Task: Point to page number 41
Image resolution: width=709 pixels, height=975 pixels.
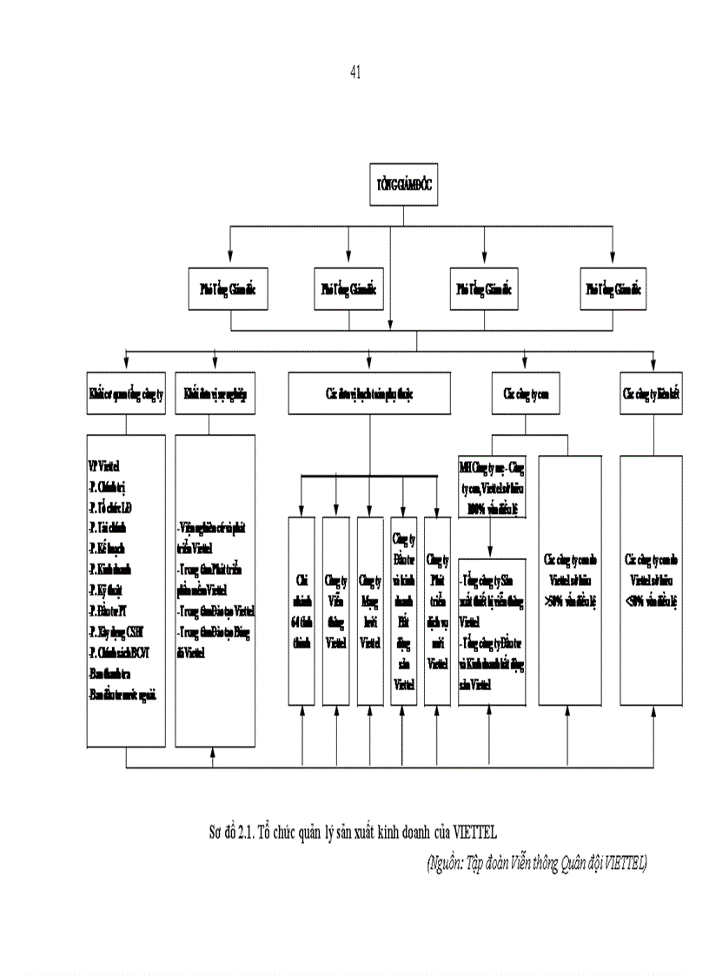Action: coord(354,73)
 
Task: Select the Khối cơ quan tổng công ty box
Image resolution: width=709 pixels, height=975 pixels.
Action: coord(126,393)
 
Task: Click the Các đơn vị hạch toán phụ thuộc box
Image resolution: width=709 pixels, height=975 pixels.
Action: coord(370,393)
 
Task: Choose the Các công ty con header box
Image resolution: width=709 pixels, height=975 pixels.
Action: coord(526,393)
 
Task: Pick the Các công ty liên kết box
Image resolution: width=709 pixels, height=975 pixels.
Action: coord(651,393)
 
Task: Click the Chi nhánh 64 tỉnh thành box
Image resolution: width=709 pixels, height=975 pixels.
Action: coord(301,609)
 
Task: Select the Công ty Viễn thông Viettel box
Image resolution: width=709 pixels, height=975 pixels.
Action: coord(335,609)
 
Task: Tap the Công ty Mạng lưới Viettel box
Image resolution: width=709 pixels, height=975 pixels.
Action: coord(369,609)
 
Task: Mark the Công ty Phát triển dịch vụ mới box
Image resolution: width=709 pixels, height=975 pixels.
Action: coord(438,609)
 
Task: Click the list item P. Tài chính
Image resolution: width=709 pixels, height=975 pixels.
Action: coord(109,527)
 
